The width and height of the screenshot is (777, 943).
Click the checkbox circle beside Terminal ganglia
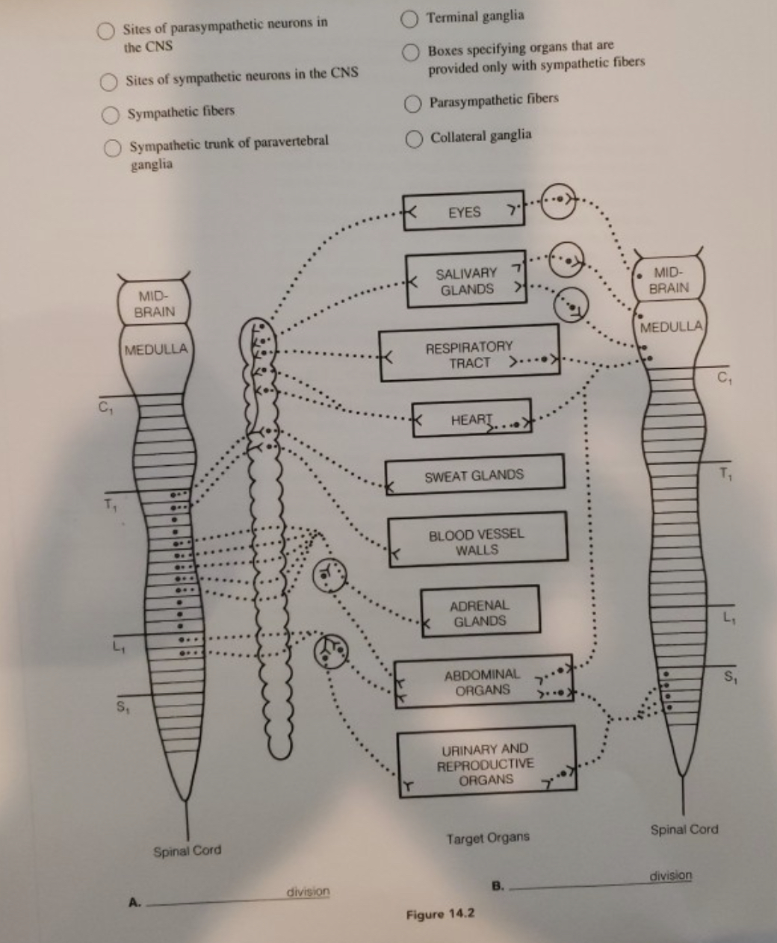410,16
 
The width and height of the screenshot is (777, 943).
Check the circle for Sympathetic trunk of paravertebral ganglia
113,147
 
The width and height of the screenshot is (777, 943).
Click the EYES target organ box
464,212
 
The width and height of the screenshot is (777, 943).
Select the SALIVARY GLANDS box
466,281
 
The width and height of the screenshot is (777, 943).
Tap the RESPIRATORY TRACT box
469,354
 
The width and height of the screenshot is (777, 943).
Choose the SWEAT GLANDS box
474,474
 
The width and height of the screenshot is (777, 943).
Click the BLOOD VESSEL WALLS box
477,542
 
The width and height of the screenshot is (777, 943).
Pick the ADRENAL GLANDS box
479,613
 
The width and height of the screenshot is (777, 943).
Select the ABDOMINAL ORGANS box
482,682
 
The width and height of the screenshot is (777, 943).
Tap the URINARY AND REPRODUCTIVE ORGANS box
486,763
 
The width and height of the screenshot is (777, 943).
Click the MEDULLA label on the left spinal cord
156,349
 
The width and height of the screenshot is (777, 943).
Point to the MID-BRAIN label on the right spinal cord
668,280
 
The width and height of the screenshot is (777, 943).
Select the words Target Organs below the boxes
487,838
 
